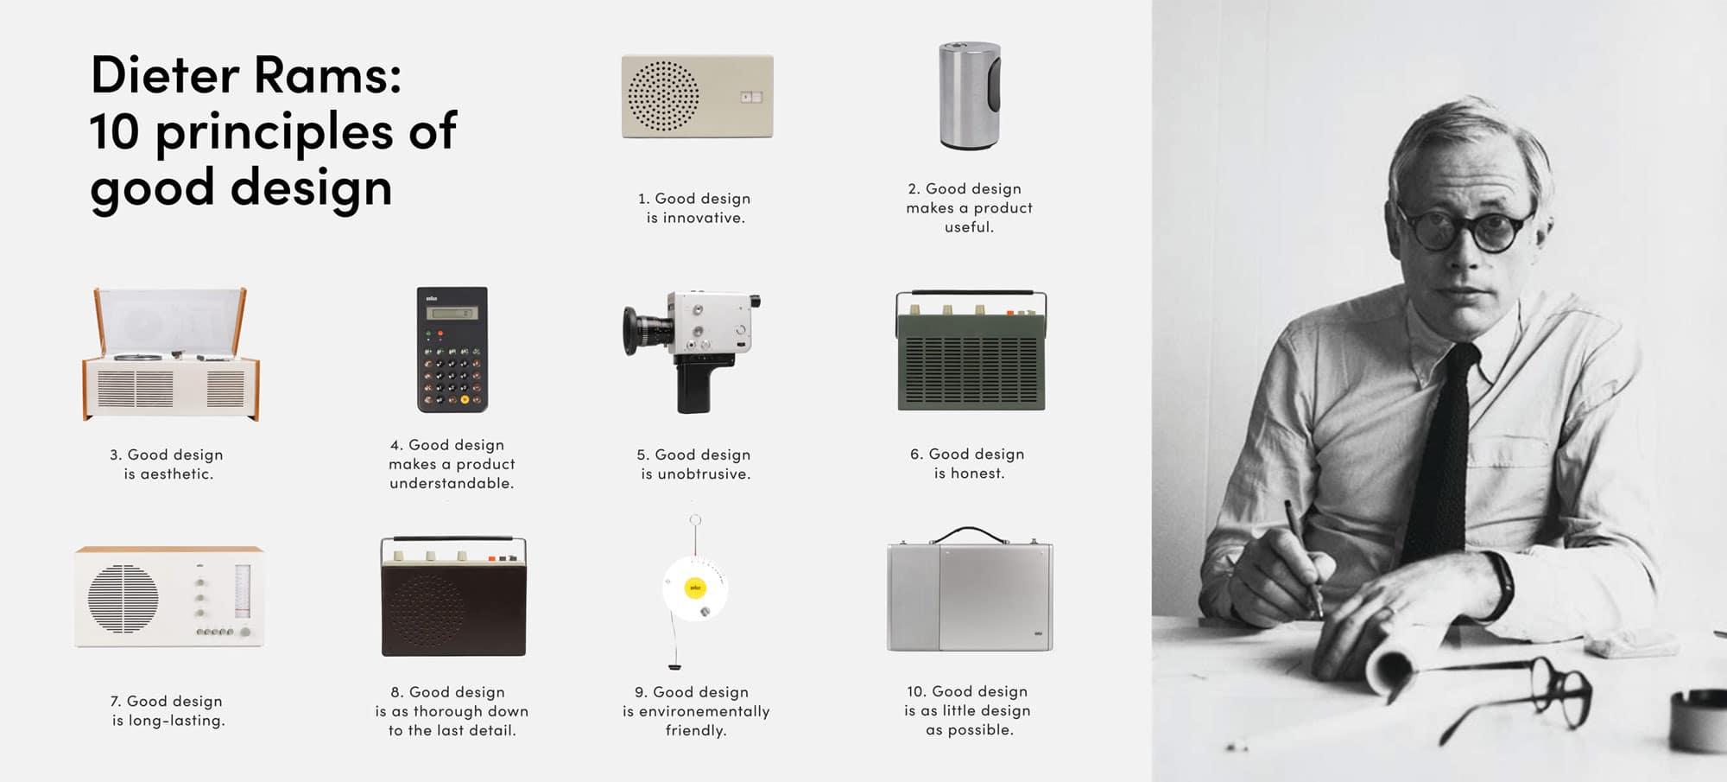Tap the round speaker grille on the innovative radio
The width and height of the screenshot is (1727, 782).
(663, 96)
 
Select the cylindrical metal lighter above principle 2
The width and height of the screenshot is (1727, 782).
(970, 95)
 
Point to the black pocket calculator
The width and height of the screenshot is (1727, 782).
(452, 349)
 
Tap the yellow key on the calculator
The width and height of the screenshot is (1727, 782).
(465, 399)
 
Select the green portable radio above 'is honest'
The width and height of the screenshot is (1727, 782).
(971, 351)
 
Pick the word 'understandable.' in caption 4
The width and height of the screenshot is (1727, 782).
(452, 483)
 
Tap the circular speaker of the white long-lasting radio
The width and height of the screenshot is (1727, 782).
(123, 598)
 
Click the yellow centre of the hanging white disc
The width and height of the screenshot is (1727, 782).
(695, 588)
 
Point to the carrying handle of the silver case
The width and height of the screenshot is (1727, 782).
(971, 535)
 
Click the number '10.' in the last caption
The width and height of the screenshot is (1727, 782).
(916, 691)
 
